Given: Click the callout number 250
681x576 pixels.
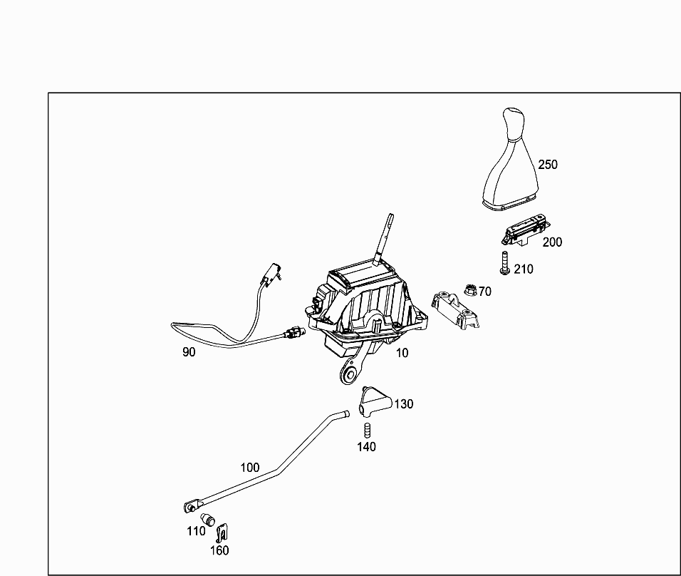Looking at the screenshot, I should pos(548,165).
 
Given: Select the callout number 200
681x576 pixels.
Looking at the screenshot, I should pos(552,242).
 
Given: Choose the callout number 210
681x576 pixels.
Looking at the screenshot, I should pos(523,269).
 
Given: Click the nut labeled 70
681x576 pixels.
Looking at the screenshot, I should pos(469,289).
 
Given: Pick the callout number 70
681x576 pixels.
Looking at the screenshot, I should pos(485,292).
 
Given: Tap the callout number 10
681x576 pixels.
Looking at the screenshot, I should pos(402,353).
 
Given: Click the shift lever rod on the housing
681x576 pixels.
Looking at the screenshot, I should pos(383,239).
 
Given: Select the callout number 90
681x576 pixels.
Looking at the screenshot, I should pos(189,351).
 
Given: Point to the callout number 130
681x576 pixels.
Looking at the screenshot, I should pos(404,404).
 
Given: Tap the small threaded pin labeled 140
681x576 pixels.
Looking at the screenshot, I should pos(368,430).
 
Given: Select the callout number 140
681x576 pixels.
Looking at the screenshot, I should pos(367,448).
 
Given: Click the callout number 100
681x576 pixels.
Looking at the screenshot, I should pos(250,468).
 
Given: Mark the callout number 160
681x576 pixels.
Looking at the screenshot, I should pos(219,550).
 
